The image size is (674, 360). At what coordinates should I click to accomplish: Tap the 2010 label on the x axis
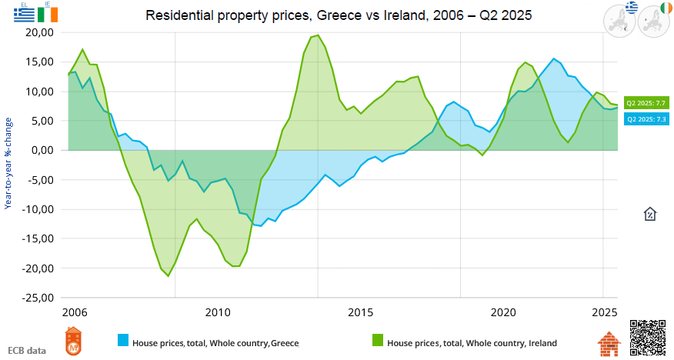[x=218, y=313]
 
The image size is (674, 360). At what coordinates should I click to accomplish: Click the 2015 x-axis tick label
[x=360, y=313]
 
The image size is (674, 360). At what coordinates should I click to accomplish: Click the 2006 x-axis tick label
[x=75, y=313]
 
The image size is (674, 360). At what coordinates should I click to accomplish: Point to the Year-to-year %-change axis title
[x=8, y=163]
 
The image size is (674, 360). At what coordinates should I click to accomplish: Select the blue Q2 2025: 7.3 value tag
[x=646, y=119]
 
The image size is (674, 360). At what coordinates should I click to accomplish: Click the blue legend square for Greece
[x=123, y=341]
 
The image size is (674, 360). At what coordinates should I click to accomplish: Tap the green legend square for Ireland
[x=378, y=341]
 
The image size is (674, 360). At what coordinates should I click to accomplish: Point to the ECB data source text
[x=27, y=350]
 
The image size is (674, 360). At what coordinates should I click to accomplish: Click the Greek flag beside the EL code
[x=13, y=14]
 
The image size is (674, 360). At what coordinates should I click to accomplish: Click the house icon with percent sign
[x=649, y=214]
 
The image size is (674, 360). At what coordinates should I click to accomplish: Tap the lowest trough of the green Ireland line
[x=168, y=275]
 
